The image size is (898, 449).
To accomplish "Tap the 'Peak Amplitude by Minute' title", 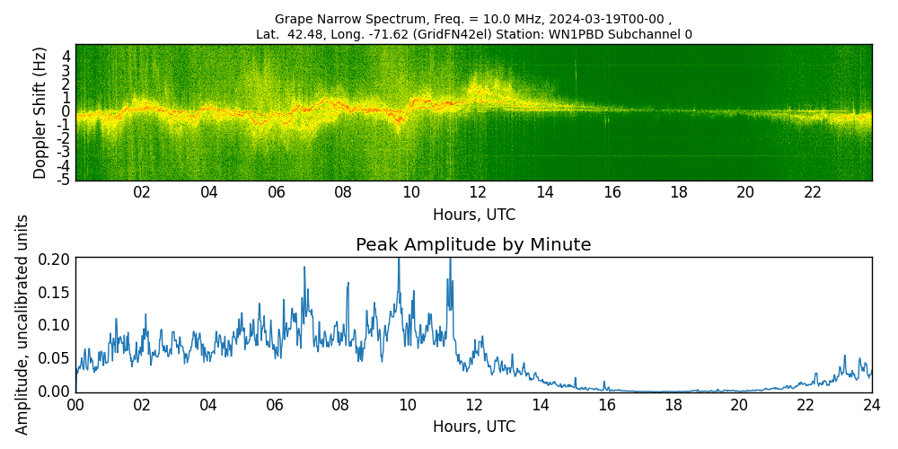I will (x=473, y=245).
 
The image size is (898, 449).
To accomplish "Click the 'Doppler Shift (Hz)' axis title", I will (x=40, y=112).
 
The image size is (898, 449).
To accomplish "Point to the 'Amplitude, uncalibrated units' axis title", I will (x=22, y=324).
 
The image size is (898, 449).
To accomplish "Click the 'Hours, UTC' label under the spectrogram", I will (x=473, y=216).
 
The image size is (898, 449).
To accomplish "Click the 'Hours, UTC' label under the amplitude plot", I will (x=473, y=427).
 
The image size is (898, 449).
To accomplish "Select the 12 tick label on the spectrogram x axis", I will (x=478, y=192).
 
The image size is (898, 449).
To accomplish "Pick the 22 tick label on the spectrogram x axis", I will (x=813, y=192).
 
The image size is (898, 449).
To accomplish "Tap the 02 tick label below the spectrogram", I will (x=142, y=192).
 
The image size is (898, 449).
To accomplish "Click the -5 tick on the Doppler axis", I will (x=64, y=179).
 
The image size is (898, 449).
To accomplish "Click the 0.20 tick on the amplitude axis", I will (x=54, y=259).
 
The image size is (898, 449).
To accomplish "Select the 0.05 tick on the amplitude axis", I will (x=54, y=358).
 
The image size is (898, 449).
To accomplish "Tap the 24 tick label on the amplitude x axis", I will (x=872, y=404).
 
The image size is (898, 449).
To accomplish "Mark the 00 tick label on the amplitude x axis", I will (x=75, y=404).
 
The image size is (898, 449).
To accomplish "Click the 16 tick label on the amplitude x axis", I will (x=607, y=404).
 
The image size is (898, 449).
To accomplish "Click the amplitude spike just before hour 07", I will (x=304, y=269).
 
